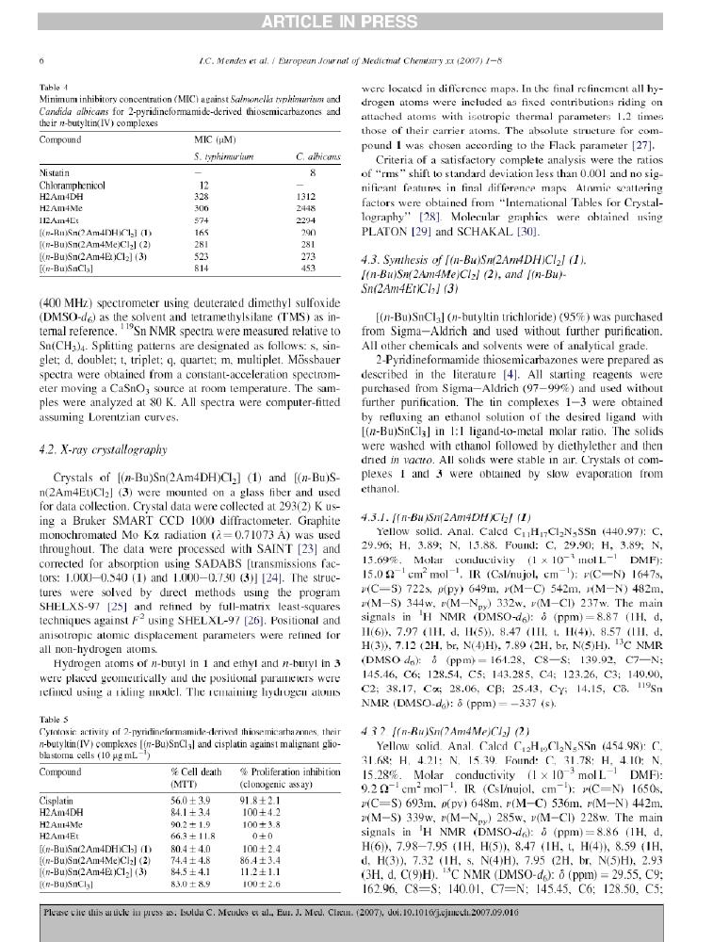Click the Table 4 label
(x=53, y=88)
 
